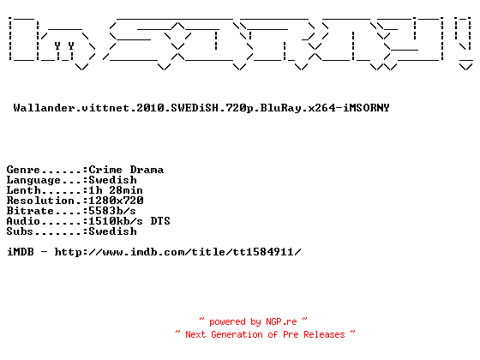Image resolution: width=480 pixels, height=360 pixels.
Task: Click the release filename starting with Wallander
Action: (201, 108)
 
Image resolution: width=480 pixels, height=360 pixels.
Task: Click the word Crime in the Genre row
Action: (105, 170)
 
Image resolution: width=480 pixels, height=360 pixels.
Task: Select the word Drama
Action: (147, 170)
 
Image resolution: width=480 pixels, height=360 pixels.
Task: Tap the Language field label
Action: (33, 180)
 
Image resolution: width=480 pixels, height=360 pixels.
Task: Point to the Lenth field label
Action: (24, 190)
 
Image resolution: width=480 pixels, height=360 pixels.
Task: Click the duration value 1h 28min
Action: (116, 190)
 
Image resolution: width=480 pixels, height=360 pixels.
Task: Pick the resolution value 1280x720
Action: (116, 201)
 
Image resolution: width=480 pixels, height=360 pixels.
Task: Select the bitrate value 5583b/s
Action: (112, 211)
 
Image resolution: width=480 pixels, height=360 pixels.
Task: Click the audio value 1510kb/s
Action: (116, 221)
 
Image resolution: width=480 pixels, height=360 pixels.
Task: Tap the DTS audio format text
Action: (160, 221)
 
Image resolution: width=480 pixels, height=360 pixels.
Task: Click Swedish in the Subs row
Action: (112, 231)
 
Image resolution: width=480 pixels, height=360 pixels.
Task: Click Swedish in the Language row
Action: (112, 180)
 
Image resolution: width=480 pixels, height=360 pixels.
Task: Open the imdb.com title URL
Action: (178, 252)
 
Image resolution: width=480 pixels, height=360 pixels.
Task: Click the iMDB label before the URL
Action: (21, 252)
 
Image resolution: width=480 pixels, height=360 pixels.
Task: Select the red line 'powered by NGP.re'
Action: (253, 321)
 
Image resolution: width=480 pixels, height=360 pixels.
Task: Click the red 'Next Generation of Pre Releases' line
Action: (265, 334)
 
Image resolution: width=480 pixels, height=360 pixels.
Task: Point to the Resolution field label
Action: (40, 201)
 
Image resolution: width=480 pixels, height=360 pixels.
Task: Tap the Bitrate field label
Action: (30, 211)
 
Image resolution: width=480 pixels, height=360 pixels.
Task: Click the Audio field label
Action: (24, 221)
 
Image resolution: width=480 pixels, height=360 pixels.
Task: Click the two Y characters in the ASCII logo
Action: (64, 46)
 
